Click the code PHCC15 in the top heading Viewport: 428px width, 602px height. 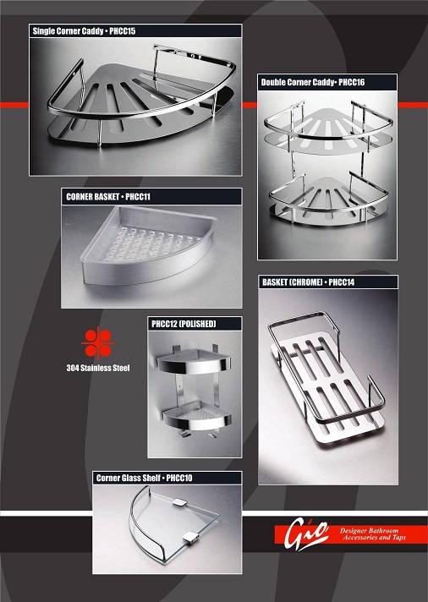(x=122, y=31)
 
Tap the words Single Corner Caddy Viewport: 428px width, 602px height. (x=68, y=31)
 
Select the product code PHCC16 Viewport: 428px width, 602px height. (x=352, y=82)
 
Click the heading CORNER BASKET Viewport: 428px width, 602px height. (x=92, y=197)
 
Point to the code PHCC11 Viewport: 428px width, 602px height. (x=138, y=197)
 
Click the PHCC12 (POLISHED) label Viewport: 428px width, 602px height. (x=184, y=324)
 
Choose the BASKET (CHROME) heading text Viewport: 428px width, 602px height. (x=293, y=282)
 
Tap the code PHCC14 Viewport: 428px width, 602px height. (x=342, y=282)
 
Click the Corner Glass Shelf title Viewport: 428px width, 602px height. (x=129, y=478)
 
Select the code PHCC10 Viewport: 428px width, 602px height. (x=179, y=478)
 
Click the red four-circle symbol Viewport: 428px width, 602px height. (x=98, y=342)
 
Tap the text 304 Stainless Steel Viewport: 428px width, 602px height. (x=98, y=368)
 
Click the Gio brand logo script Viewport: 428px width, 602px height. (x=306, y=534)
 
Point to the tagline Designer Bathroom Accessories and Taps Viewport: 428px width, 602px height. (x=374, y=534)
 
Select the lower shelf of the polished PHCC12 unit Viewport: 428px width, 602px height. (x=197, y=417)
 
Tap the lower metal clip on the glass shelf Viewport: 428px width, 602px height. (x=190, y=537)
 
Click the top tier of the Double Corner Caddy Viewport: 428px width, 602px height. (x=328, y=129)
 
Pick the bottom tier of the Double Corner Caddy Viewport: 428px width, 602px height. (x=328, y=200)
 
